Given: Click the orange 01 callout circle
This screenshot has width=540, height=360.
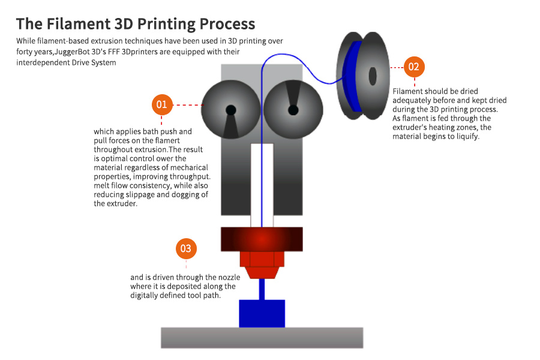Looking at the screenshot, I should pyautogui.click(x=161, y=104).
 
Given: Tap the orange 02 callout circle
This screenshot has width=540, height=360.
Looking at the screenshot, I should pyautogui.click(x=413, y=67).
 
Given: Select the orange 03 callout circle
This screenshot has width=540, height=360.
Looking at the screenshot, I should pyautogui.click(x=186, y=248).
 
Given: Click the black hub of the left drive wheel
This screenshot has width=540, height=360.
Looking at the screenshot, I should pyautogui.click(x=230, y=110).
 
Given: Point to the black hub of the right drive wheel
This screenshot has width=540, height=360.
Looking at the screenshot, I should pyautogui.click(x=293, y=110).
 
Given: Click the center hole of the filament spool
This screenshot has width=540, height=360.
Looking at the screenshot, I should pyautogui.click(x=373, y=76).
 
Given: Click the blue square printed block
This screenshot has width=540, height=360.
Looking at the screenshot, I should pyautogui.click(x=262, y=313).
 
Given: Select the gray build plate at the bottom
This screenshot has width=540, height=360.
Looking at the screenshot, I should pyautogui.click(x=262, y=337).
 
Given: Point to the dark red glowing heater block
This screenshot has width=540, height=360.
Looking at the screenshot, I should pyautogui.click(x=262, y=239).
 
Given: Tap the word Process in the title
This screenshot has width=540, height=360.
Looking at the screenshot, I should pyautogui.click(x=227, y=24).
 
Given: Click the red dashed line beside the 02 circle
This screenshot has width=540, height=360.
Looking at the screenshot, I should pyautogui.click(x=396, y=67).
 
